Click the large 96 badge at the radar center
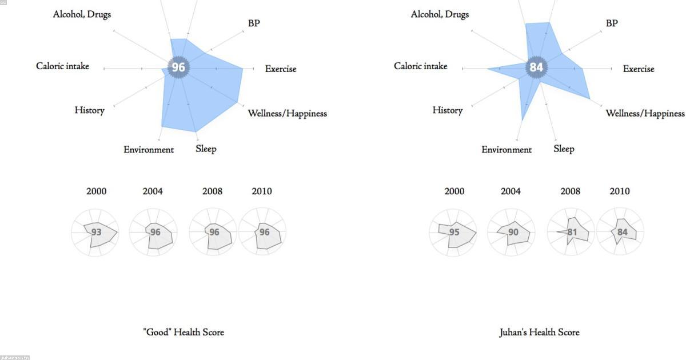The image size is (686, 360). (178, 67)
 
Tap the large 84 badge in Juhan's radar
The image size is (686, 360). (536, 67)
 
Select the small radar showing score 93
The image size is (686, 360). (95, 233)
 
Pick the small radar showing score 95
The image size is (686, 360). (453, 233)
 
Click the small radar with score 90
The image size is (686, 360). (512, 233)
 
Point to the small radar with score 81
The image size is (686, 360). (571, 233)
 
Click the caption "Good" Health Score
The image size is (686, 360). (184, 332)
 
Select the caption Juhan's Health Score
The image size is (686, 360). (539, 332)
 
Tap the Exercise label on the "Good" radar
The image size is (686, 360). (281, 69)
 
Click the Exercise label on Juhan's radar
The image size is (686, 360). (639, 69)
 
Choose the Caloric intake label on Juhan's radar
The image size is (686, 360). (420, 66)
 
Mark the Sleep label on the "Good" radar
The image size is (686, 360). (206, 149)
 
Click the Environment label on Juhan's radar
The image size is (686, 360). (506, 150)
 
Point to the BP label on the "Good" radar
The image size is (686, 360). (254, 23)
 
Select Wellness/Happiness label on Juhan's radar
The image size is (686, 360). (645, 113)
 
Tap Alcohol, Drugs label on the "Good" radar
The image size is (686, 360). (82, 14)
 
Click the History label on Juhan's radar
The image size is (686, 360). (447, 110)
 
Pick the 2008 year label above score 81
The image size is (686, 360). (570, 191)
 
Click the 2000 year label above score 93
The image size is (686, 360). (96, 191)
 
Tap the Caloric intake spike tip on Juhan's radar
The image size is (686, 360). (488, 69)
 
